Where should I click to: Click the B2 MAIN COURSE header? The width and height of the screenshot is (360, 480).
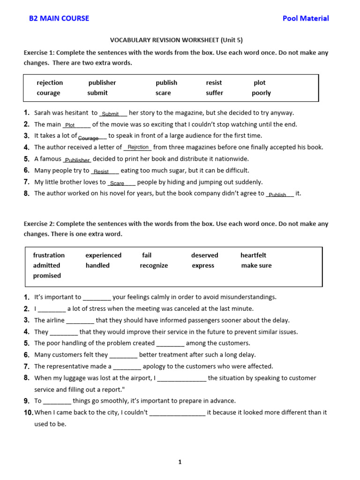[x=59, y=18]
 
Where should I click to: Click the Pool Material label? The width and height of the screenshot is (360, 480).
[x=306, y=18]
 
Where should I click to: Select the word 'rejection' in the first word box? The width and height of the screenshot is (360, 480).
[x=50, y=82]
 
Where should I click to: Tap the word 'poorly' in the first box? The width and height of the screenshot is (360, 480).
[x=261, y=93]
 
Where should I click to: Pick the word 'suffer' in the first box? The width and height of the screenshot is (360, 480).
[x=214, y=93]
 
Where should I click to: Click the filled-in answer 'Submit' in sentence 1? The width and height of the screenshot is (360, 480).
[x=111, y=114]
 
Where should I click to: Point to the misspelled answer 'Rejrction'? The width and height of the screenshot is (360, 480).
[x=137, y=147]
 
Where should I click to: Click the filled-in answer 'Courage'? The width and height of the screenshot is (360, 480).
[x=89, y=138]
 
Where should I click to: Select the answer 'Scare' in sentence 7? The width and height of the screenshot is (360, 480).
[x=117, y=183]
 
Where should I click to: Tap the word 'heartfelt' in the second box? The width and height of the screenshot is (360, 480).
[x=253, y=255]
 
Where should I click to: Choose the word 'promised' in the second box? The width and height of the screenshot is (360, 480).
[x=47, y=276]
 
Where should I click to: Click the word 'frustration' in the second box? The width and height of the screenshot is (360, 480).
[x=49, y=255]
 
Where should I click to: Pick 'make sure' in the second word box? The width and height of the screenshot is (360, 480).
[x=256, y=265]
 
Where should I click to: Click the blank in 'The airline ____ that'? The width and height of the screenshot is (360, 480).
[x=80, y=321]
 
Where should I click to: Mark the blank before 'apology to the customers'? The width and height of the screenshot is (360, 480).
[x=127, y=367]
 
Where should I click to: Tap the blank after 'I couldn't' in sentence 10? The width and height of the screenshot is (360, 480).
[x=177, y=413]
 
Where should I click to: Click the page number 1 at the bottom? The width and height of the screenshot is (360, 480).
[x=180, y=462]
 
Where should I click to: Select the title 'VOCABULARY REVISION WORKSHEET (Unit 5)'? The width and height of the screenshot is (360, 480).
[x=176, y=40]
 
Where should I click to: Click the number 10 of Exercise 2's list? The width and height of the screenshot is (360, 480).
[x=28, y=412]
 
